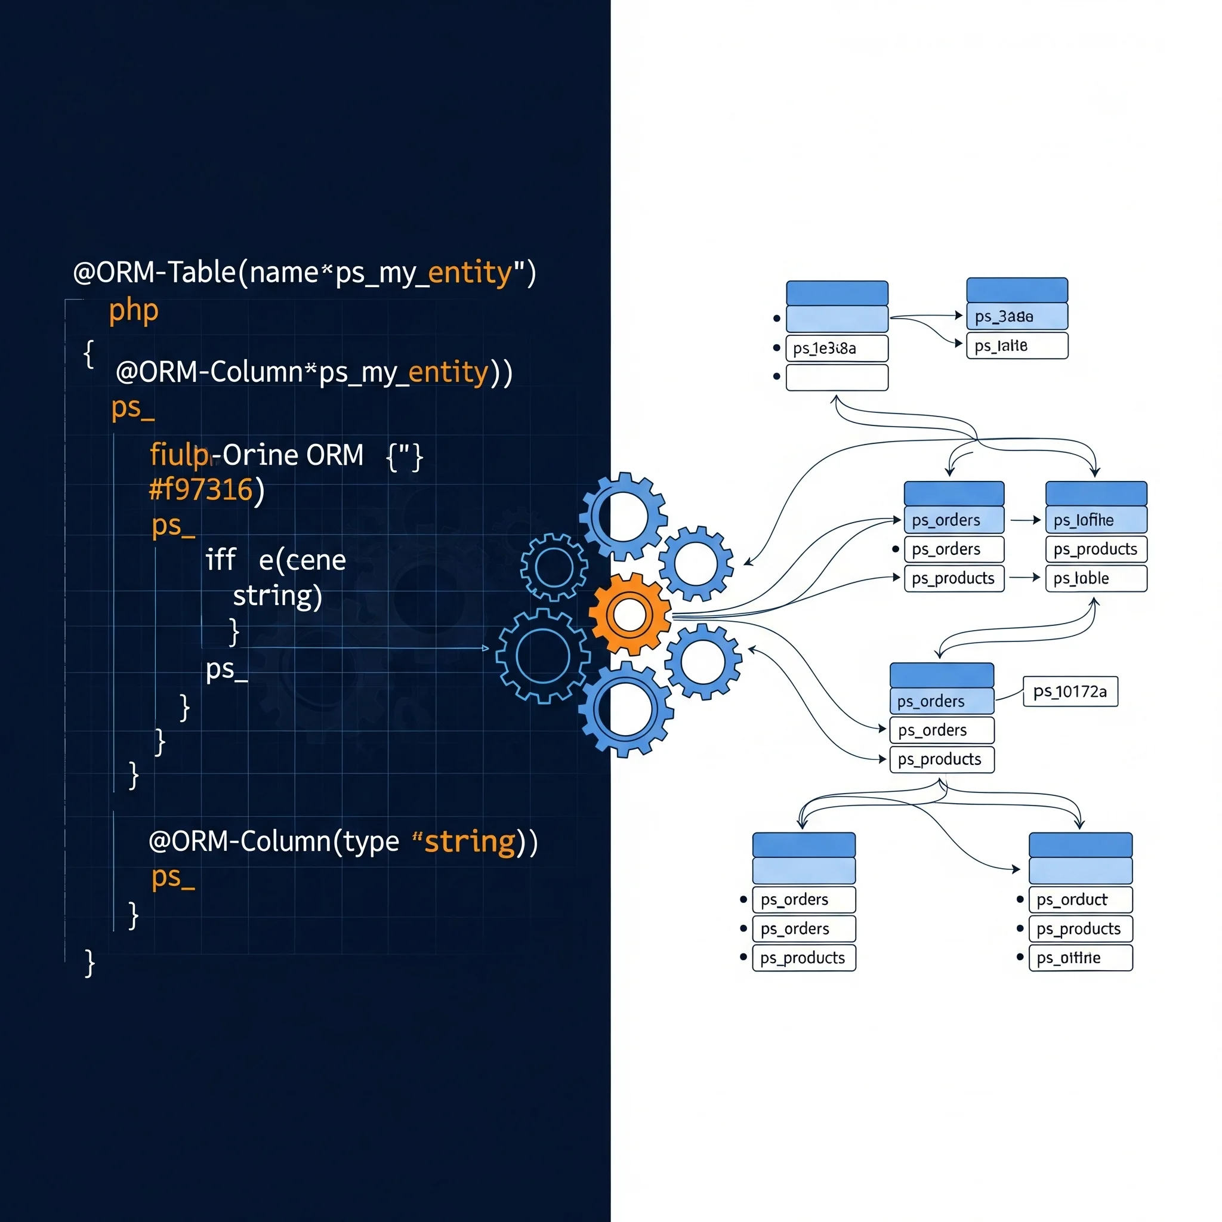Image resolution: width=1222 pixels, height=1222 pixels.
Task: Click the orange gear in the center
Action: point(629,614)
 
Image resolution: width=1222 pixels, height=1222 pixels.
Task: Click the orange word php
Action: point(134,310)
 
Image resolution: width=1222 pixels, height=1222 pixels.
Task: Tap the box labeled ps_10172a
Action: point(1070,692)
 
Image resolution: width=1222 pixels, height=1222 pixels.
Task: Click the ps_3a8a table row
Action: point(1016,316)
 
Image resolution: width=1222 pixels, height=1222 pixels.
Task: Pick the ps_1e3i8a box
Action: point(836,348)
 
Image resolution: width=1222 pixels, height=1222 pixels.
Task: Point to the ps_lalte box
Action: point(1016,346)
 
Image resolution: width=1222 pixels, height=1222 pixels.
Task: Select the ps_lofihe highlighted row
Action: point(1096,520)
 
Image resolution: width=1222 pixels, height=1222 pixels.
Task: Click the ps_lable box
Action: point(1096,578)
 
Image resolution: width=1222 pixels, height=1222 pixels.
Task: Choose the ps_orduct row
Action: point(1081,899)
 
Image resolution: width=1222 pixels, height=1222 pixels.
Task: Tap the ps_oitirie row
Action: point(1081,958)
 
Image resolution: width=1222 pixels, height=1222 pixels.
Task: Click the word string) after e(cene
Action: point(277,597)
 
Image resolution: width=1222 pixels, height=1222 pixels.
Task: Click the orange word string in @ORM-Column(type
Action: point(470,842)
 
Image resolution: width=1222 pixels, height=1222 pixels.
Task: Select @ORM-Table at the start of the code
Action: point(155,273)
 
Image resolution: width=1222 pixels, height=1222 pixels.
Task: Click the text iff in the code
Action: point(220,560)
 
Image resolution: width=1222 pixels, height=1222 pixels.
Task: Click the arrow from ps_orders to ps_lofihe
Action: point(1024,520)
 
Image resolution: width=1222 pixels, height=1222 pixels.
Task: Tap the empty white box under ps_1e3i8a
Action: point(836,378)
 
